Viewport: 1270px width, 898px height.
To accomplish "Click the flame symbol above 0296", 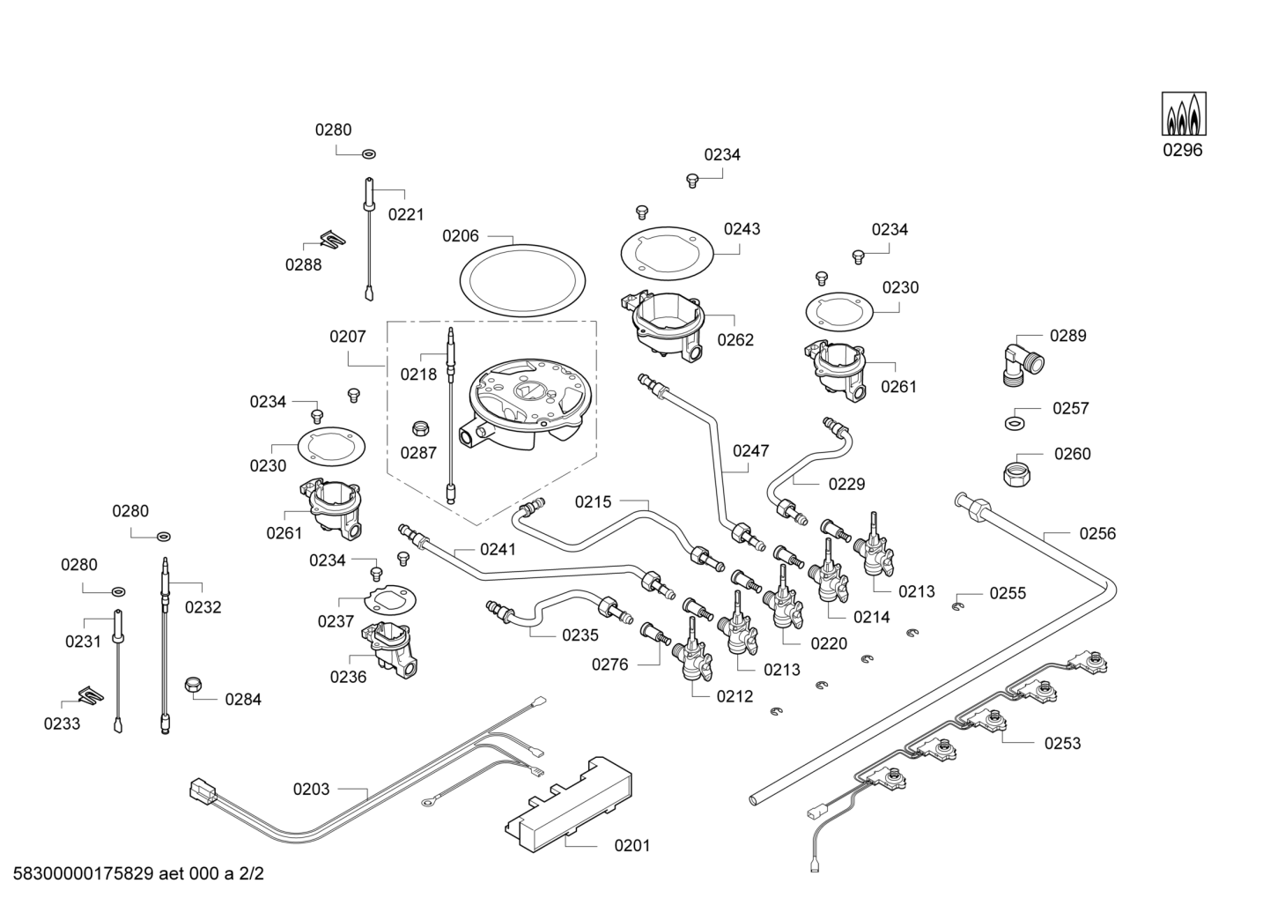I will tap(1184, 114).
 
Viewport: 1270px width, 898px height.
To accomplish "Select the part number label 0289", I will tap(1067, 336).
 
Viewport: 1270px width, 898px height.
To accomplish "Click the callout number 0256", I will tap(1097, 533).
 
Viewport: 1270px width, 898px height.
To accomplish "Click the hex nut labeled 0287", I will tap(421, 428).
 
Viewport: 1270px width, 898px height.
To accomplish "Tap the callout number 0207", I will tap(348, 337).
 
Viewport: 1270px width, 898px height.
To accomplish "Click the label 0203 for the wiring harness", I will tap(312, 790).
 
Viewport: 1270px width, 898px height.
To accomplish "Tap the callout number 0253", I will tap(1062, 743).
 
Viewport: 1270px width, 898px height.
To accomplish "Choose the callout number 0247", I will tap(750, 451).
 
